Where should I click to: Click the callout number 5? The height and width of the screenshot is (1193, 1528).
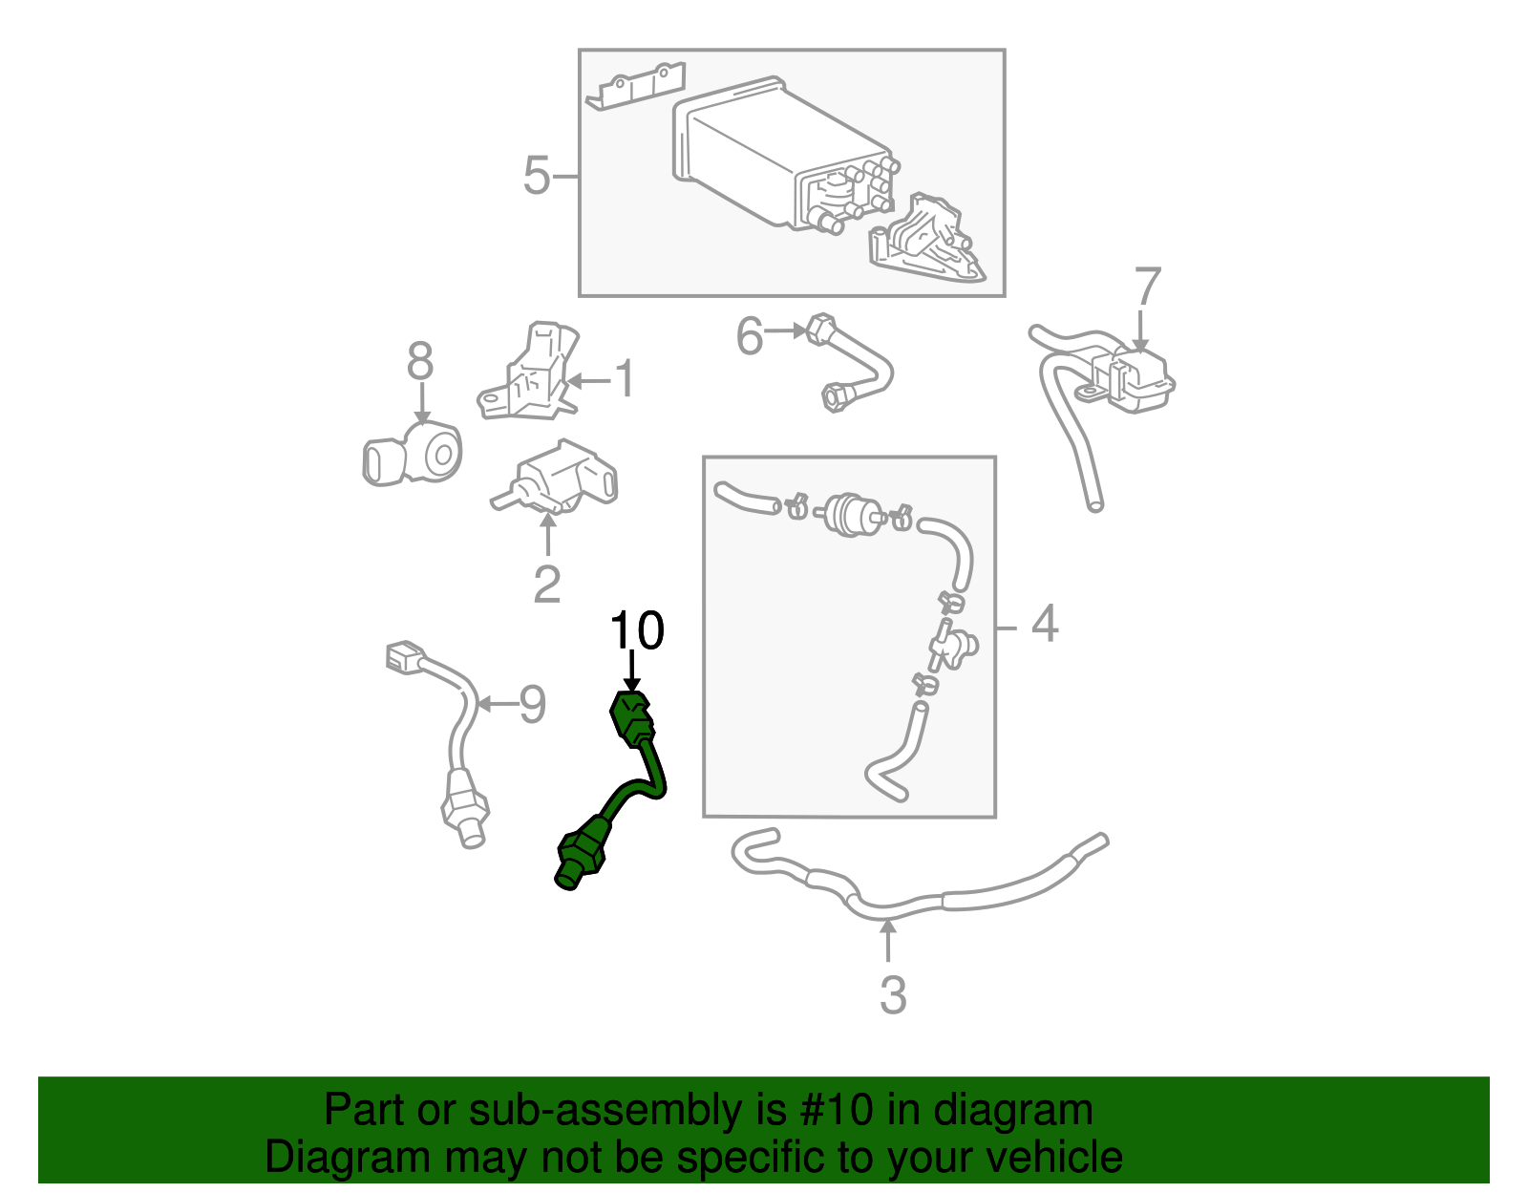click(537, 176)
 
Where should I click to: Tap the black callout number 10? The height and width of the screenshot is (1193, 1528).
click(637, 631)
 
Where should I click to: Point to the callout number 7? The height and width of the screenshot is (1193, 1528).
click(1147, 288)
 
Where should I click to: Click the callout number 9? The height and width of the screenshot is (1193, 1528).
click(533, 705)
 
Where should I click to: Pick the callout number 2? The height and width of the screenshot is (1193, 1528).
click(546, 585)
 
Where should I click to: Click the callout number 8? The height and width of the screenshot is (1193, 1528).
click(420, 362)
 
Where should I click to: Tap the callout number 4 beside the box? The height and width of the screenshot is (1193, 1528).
click(1046, 624)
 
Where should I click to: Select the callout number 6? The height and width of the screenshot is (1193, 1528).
click(750, 336)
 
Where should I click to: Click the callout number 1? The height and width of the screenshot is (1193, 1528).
click(625, 379)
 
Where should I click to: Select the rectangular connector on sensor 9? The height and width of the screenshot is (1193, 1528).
click(404, 656)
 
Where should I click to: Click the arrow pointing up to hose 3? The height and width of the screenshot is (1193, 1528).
click(889, 941)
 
